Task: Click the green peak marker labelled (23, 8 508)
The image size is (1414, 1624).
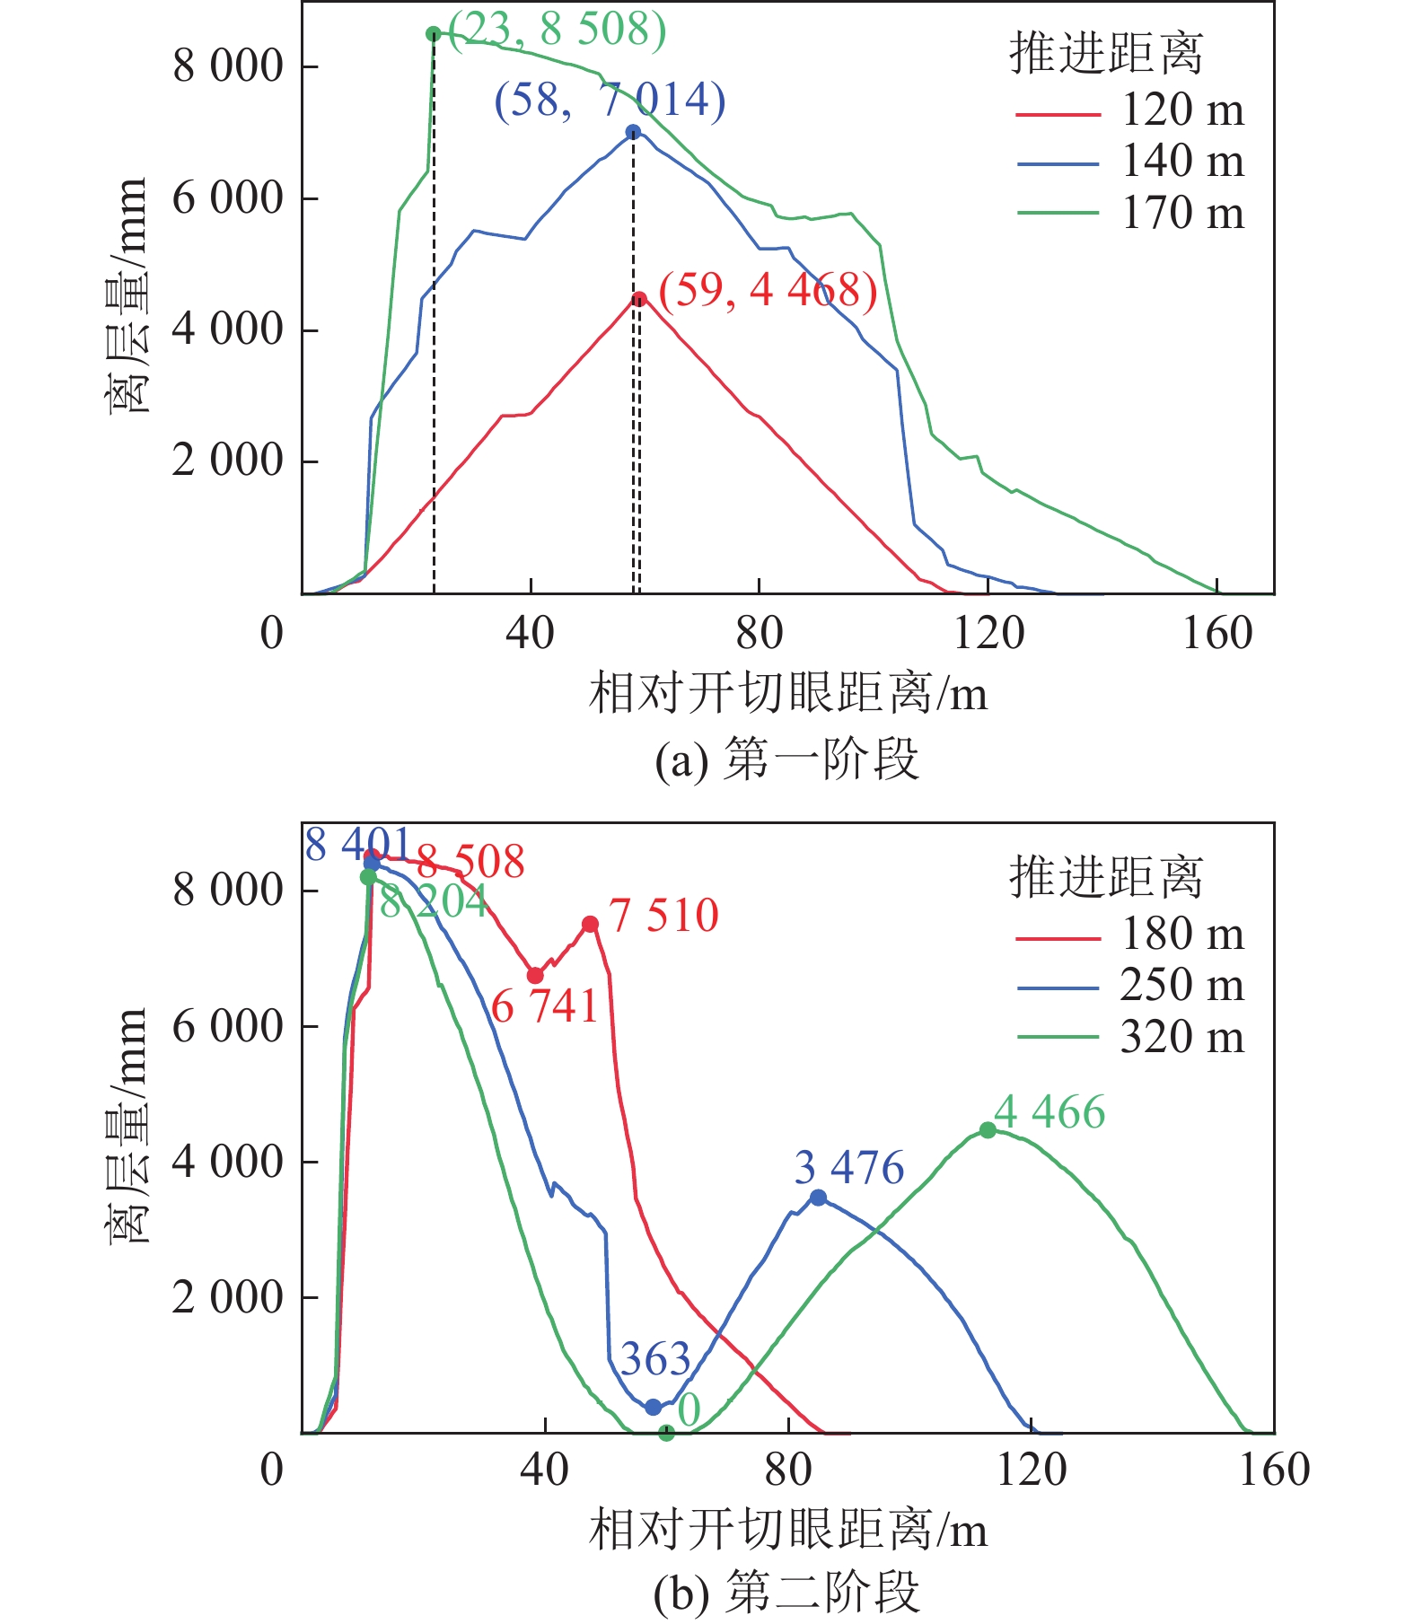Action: pos(434,34)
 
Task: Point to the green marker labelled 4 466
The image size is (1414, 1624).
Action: pos(988,1130)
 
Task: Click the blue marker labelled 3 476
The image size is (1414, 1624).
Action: pos(818,1198)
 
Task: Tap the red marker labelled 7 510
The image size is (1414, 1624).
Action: pos(590,925)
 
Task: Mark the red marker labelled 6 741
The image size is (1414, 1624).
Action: pos(535,976)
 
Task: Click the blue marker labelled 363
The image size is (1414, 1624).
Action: pos(654,1408)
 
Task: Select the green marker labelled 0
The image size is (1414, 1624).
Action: pos(666,1434)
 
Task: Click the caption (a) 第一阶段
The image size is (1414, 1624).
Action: pos(786,759)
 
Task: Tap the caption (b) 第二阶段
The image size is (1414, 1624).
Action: pos(786,1592)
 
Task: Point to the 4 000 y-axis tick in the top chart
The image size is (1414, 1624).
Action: pos(227,329)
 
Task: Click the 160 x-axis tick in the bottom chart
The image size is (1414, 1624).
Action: pos(1274,1470)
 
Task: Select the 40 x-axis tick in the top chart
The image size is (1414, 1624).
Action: pos(530,634)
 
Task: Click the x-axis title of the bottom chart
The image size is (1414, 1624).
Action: pos(788,1530)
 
